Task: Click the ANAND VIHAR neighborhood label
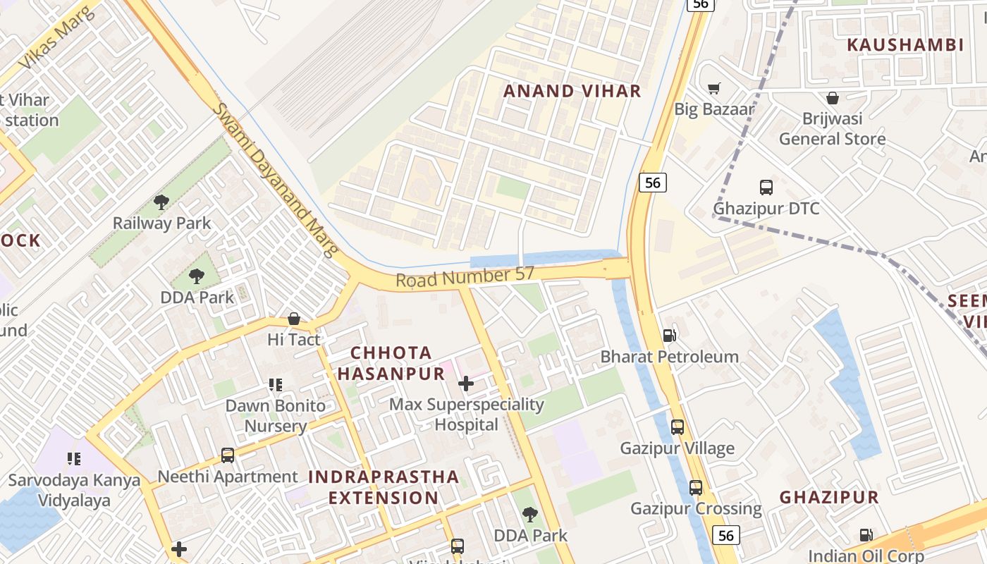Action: coord(572,91)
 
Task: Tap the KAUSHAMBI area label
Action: coord(905,45)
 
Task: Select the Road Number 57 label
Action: coord(465,277)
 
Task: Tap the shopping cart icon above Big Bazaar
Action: coord(713,89)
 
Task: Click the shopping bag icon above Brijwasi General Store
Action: coord(832,98)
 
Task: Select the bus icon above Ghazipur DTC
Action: coord(766,188)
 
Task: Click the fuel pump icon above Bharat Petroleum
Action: coord(669,336)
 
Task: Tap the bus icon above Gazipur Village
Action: coord(677,427)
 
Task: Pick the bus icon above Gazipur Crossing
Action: coord(695,487)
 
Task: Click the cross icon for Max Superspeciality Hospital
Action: coord(465,384)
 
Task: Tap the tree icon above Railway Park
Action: coord(161,202)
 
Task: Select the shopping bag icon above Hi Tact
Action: coord(293,319)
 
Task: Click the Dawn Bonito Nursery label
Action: coord(276,416)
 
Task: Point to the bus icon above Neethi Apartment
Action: coord(227,455)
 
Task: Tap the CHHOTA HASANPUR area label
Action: coord(391,363)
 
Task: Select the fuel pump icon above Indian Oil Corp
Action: coord(865,535)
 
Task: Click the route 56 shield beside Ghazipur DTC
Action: coord(653,183)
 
